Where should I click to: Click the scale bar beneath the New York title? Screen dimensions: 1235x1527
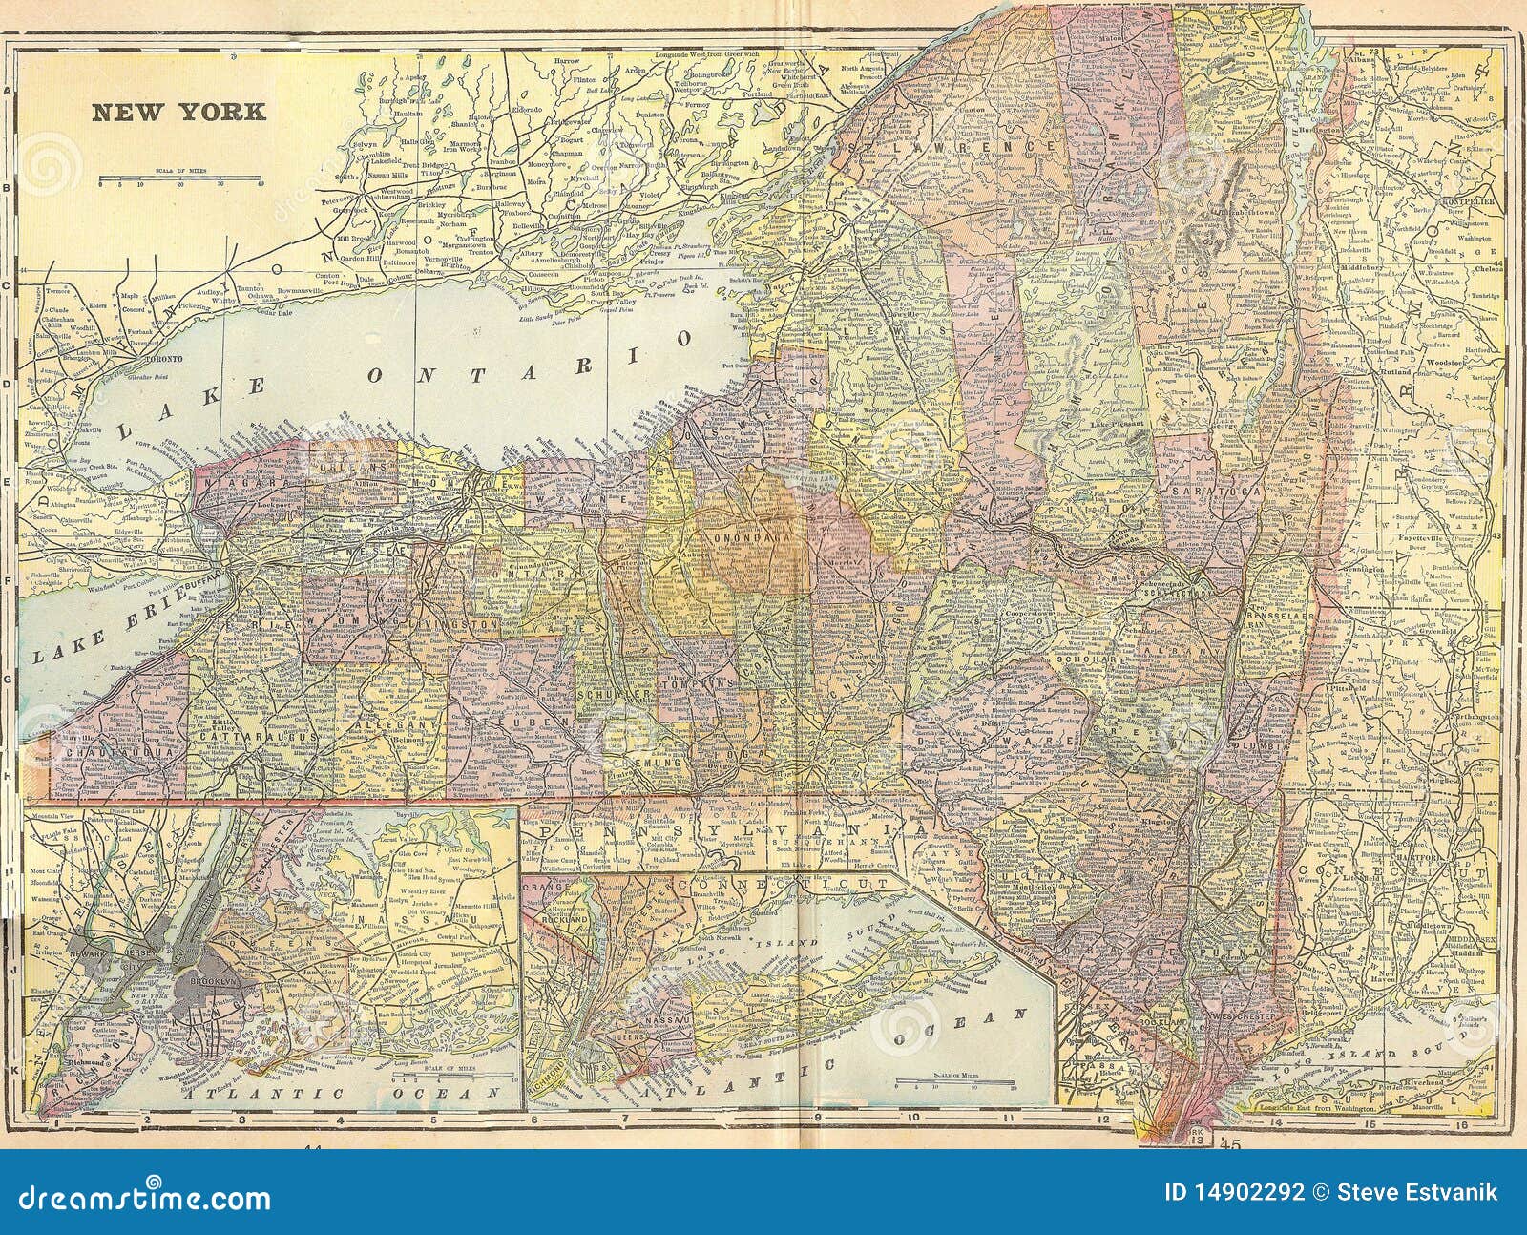tap(181, 178)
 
